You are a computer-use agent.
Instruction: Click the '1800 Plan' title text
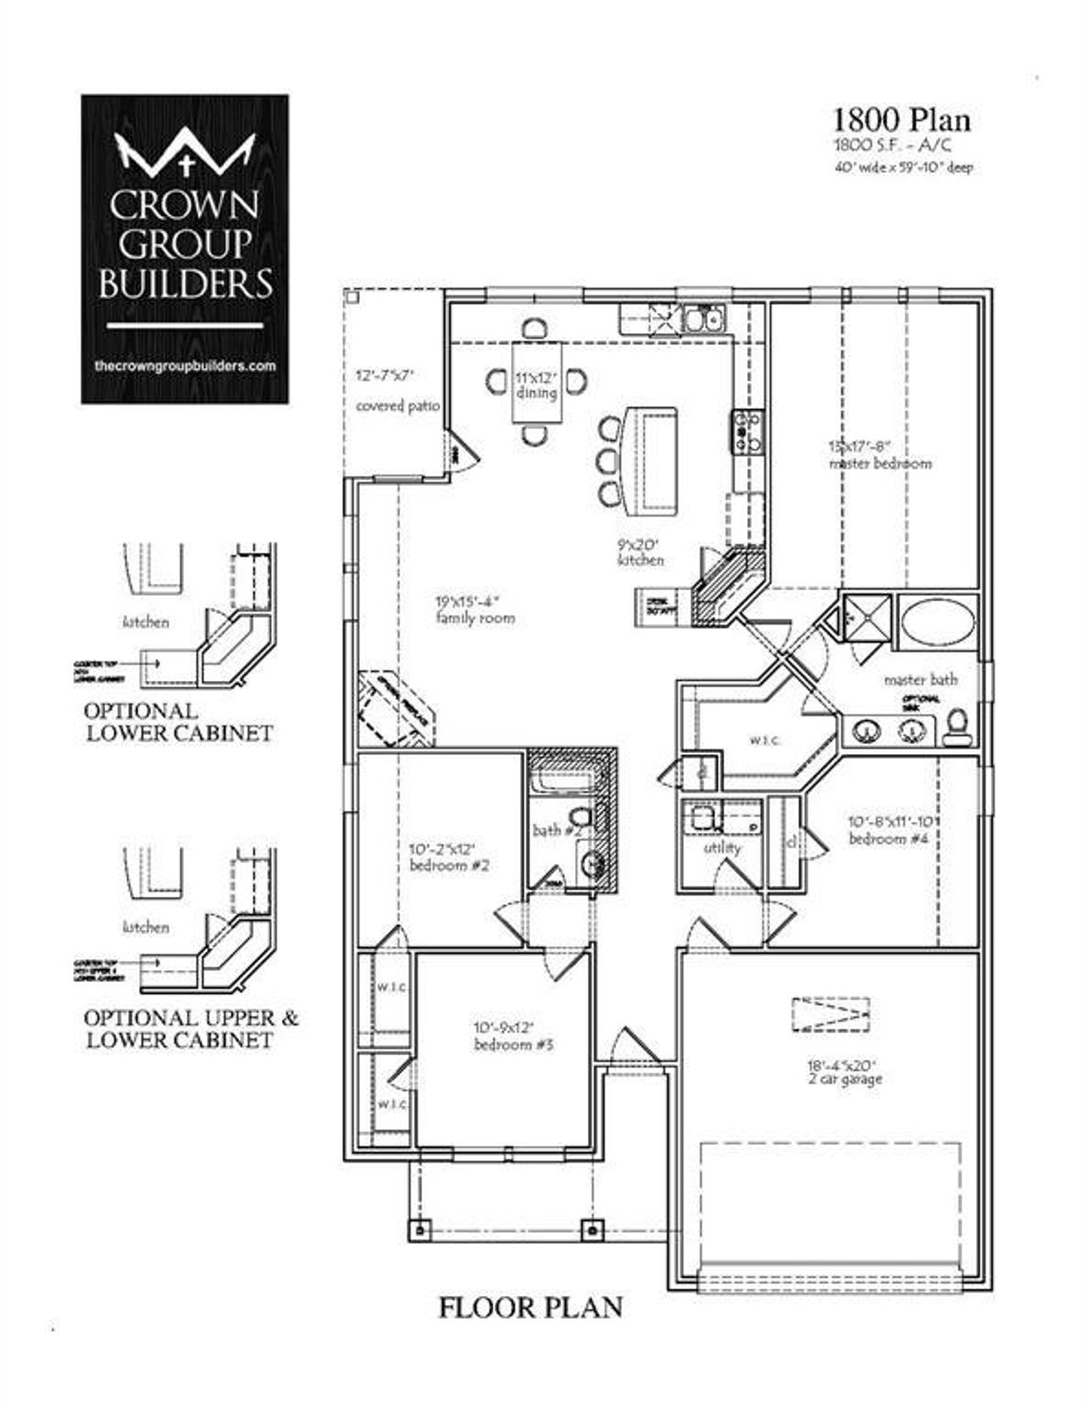902,120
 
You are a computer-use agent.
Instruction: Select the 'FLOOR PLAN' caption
530,1307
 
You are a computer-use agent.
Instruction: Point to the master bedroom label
880,463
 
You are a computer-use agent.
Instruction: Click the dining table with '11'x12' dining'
537,383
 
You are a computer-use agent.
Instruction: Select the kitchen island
651,460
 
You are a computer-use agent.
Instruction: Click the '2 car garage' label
846,1080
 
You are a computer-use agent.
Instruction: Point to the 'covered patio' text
397,406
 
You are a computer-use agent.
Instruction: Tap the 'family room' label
475,618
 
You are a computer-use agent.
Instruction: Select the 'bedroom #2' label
449,866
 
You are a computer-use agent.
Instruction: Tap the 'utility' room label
722,847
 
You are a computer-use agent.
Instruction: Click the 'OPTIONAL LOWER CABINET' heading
179,722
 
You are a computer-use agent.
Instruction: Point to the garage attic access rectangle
831,1014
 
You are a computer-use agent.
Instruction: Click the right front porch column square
591,1229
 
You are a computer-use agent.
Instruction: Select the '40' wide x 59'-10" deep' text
904,168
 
